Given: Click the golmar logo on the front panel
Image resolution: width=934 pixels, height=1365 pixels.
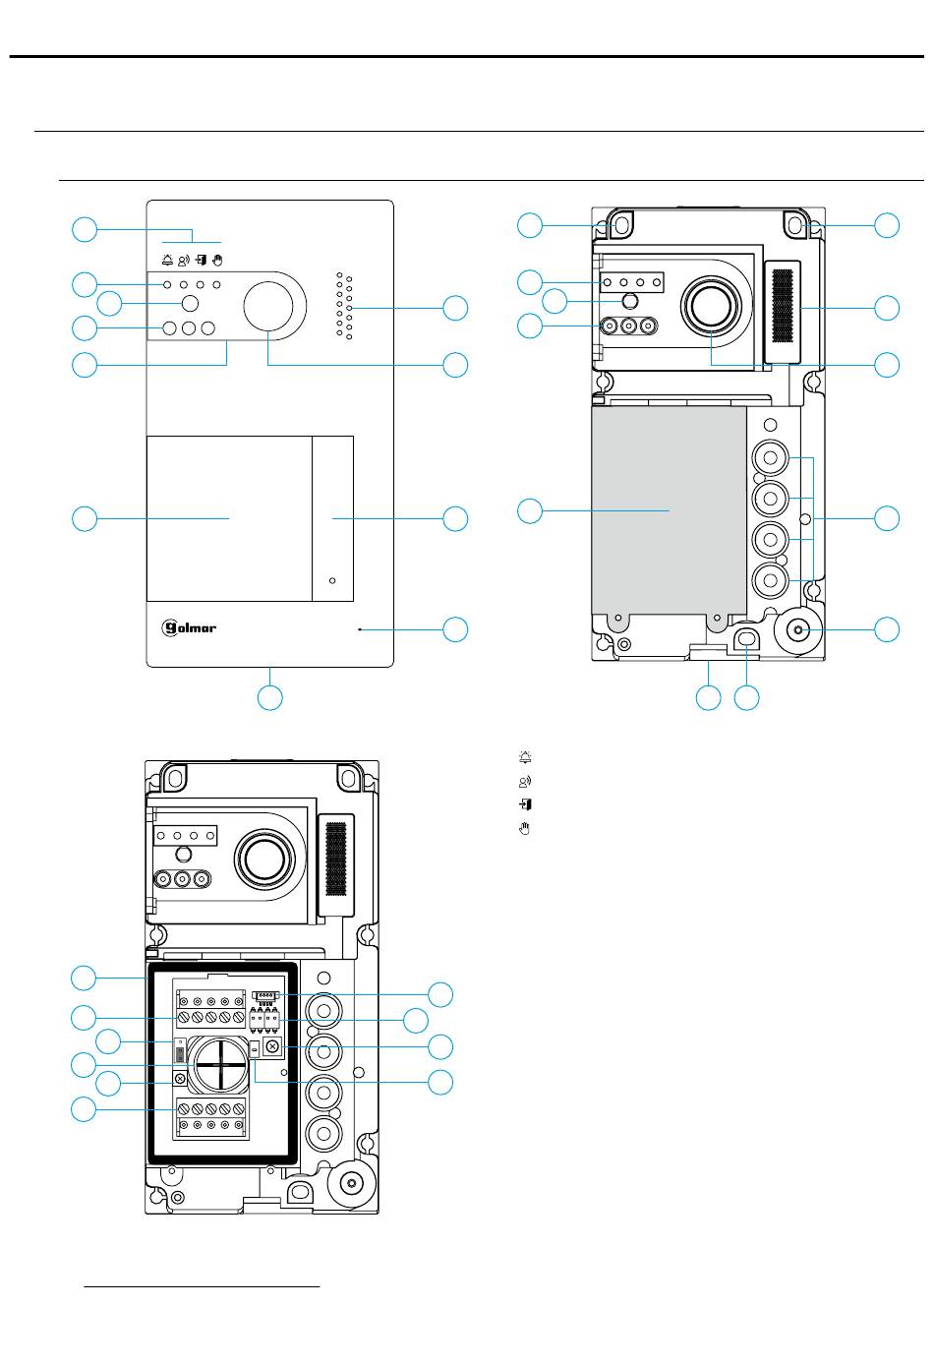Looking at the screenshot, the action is [x=188, y=627].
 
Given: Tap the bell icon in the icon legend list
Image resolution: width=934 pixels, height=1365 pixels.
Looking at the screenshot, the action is [x=525, y=757].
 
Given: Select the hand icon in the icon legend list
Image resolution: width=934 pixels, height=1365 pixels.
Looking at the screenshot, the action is [x=525, y=828].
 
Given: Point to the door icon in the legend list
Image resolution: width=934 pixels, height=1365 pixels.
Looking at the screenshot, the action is [x=525, y=804].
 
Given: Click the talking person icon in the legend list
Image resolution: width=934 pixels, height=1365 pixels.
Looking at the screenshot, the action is [x=525, y=781].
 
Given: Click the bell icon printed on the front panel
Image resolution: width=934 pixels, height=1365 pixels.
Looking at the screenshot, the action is [x=167, y=261].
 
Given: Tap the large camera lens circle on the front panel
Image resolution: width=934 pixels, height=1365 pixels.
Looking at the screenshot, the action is [x=268, y=306].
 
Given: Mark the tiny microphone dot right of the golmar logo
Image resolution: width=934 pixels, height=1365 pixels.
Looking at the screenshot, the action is [x=360, y=628].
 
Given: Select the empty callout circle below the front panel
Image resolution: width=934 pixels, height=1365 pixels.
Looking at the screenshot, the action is [x=270, y=697].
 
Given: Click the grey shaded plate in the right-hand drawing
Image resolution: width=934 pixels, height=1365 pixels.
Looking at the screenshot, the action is [x=669, y=510].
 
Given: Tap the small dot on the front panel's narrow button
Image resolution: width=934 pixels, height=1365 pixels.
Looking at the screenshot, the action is [x=332, y=580].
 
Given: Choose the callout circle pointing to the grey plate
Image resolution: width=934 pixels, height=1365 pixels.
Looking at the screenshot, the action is [x=530, y=510].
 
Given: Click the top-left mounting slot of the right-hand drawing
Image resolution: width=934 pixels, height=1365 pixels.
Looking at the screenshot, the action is [x=620, y=225].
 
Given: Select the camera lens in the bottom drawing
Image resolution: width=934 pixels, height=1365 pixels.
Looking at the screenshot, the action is [x=264, y=860].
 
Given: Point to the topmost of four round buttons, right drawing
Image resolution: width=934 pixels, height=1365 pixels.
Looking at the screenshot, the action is [x=770, y=457].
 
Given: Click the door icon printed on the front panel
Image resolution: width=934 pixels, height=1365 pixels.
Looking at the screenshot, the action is [x=201, y=261].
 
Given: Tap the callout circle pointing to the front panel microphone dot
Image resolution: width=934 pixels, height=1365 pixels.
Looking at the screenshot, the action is [x=455, y=629].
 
